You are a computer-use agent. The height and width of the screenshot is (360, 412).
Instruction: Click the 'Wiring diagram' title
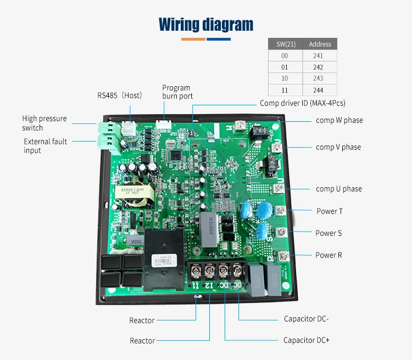[206, 25]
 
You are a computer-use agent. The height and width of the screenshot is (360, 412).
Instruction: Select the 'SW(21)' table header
[285, 44]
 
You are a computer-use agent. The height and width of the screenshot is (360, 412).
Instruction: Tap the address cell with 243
[320, 79]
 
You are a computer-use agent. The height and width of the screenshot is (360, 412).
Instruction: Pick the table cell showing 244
[320, 91]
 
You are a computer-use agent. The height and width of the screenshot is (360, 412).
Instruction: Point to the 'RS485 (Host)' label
[120, 95]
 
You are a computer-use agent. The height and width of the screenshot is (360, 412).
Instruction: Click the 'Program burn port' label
[176, 92]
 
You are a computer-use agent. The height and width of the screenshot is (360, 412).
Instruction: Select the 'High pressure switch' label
[44, 123]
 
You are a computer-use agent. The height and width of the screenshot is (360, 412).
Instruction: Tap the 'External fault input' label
[45, 145]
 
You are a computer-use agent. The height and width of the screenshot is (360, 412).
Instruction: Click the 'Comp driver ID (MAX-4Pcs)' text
[303, 103]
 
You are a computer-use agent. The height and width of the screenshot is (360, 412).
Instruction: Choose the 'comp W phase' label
[339, 120]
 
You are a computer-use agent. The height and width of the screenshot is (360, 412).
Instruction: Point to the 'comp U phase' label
[338, 189]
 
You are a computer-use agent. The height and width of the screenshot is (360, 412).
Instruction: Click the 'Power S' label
[329, 233]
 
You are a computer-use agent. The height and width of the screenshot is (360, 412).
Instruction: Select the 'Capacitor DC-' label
[306, 319]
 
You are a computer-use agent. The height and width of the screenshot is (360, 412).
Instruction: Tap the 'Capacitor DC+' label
[307, 340]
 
